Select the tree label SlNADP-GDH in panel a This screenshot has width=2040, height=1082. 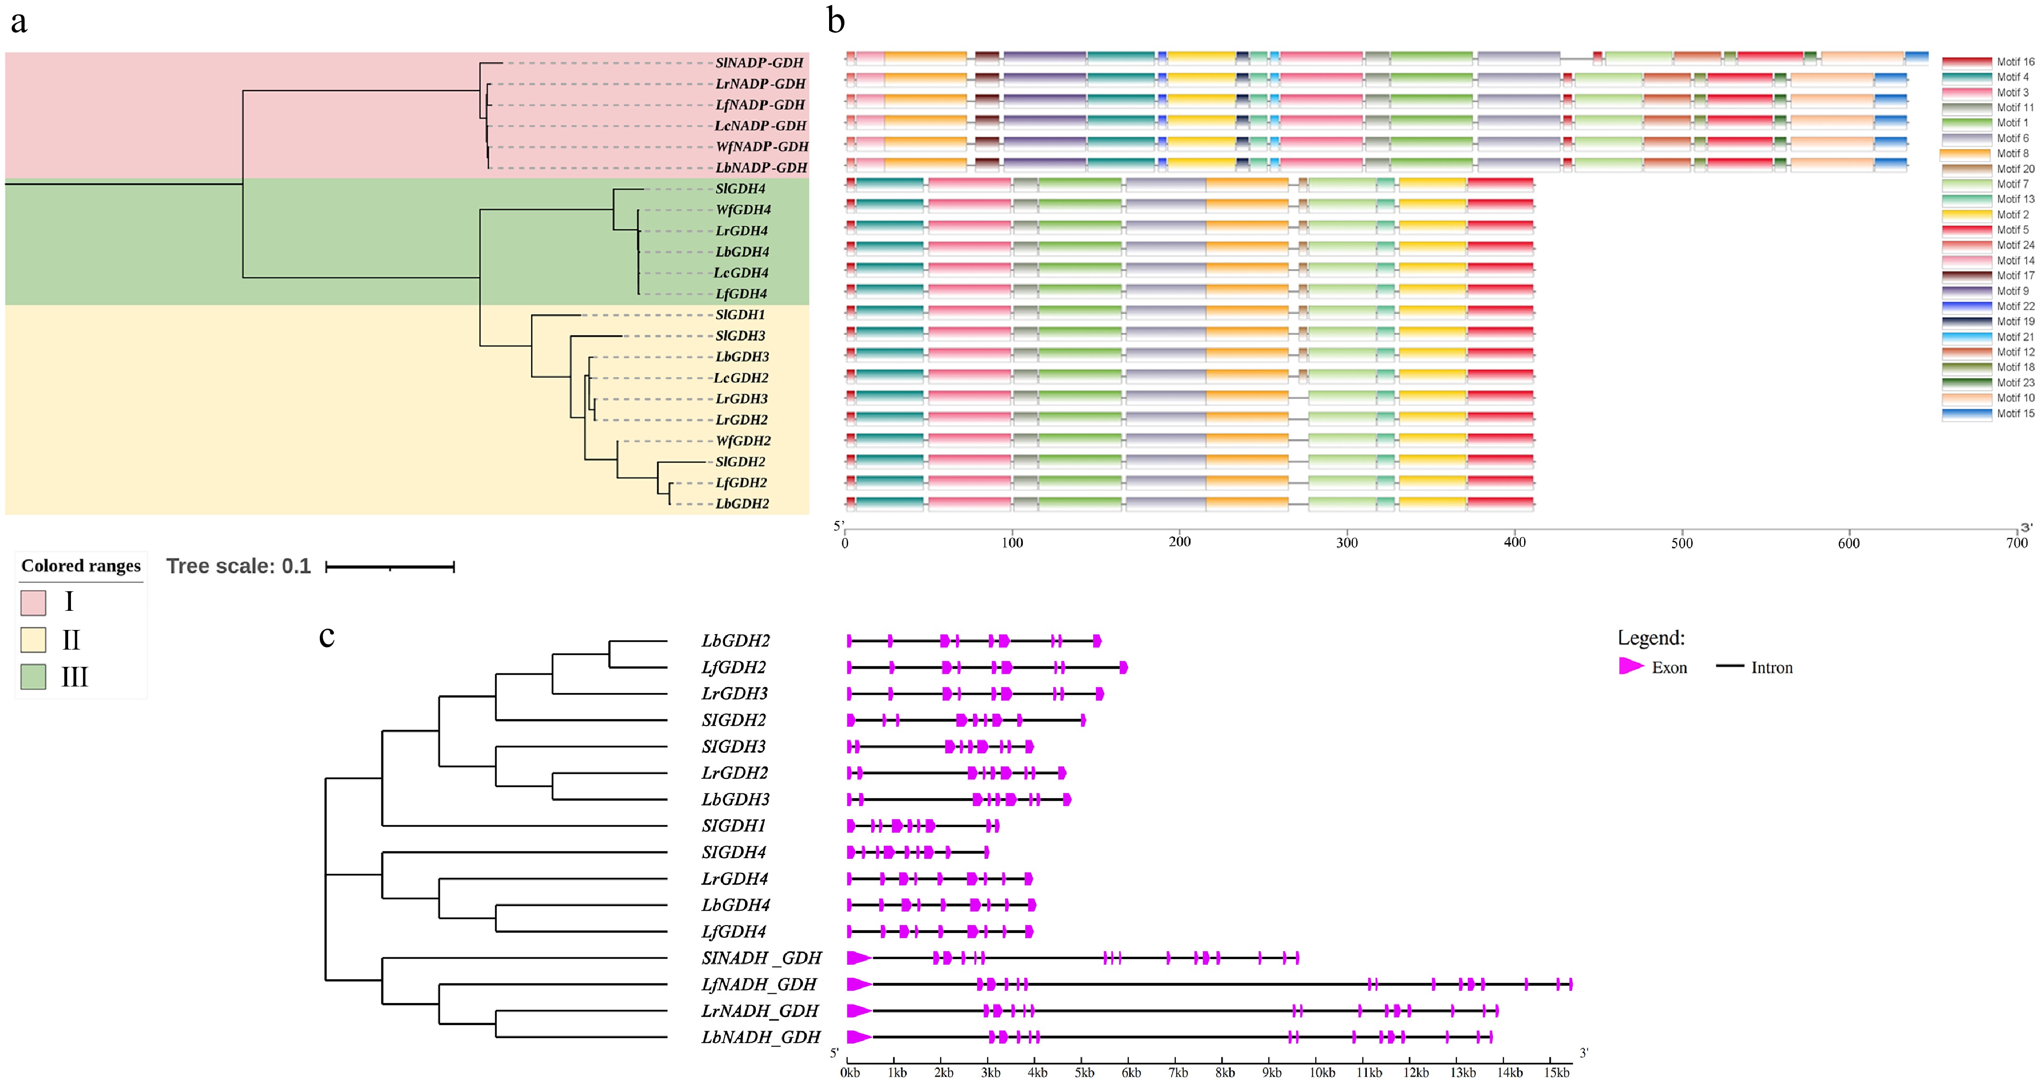pos(759,63)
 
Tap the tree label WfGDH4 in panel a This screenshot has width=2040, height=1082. pos(743,210)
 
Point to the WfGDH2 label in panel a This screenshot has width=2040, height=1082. pos(743,440)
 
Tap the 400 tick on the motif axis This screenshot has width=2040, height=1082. pos(1514,543)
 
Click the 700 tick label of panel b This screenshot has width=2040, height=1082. pos(2016,543)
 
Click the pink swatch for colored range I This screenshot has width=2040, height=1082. pos(33,602)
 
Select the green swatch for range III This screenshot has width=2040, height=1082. pos(33,677)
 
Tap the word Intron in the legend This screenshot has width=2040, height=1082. pos(1772,668)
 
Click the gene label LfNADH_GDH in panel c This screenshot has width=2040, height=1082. pos(759,984)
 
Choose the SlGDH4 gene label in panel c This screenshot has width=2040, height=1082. pos(733,852)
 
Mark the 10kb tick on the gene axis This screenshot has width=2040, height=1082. pos(1322,1073)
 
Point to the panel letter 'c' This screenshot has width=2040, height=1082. pos(326,635)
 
